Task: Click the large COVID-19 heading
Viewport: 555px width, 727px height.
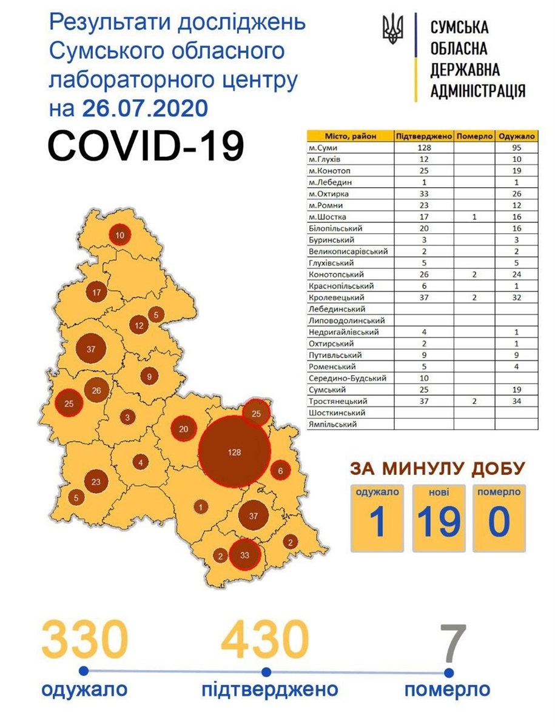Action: coord(146,145)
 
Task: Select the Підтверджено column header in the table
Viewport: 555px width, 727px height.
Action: coord(424,136)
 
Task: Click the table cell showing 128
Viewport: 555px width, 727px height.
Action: coord(424,148)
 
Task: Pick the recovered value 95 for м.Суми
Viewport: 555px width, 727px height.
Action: coord(517,148)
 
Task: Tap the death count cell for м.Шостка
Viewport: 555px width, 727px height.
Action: coord(475,217)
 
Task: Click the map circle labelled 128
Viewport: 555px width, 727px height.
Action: coord(235,452)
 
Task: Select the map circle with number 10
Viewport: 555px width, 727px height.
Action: coord(119,235)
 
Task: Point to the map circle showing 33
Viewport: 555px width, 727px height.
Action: coord(245,555)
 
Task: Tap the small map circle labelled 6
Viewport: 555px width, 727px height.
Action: coord(280,470)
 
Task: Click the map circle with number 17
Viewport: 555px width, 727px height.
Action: coord(96,293)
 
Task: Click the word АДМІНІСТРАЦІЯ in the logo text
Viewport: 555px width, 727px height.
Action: coord(477,90)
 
